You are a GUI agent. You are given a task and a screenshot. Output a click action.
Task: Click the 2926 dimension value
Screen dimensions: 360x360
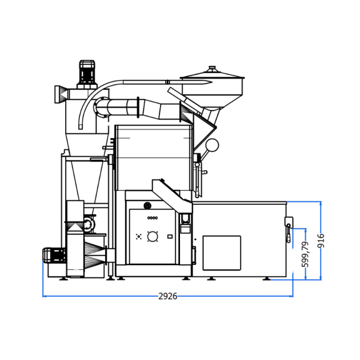167,296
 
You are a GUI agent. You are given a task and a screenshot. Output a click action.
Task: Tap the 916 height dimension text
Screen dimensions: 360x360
322,241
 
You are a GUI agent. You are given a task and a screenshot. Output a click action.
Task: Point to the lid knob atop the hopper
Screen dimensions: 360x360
213,68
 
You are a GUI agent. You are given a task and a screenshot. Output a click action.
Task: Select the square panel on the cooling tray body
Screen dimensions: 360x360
222,253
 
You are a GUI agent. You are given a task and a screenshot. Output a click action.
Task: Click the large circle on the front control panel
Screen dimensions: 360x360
153,237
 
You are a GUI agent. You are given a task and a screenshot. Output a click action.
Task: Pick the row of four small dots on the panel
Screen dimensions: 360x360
153,218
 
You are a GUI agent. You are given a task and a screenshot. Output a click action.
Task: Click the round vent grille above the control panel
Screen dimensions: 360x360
147,205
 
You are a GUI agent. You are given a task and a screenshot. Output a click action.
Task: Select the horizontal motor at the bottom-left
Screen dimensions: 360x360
54,255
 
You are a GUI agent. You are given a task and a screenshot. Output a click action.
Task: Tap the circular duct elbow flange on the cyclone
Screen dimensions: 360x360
99,107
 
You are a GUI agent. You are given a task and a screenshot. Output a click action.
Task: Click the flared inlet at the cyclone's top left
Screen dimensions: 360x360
59,93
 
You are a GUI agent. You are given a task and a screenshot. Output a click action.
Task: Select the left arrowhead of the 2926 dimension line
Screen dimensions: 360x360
44,296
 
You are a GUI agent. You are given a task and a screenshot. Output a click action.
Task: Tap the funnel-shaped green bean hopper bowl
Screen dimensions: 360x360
213,92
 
